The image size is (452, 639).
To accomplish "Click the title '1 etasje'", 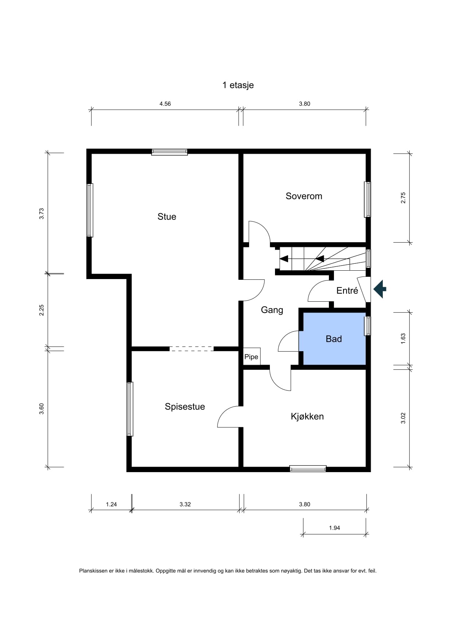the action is tap(238, 85).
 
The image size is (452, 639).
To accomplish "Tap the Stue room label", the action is tap(167, 217).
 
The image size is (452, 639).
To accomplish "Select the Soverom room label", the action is tap(304, 196).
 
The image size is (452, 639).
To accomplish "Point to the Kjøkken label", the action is tap(307, 416).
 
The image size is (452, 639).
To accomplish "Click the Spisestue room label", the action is tap(185, 407).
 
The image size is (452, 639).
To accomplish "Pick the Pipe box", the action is tap(251, 357).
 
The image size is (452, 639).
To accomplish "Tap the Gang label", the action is tap(272, 310).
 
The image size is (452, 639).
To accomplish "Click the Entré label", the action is tap(347, 290).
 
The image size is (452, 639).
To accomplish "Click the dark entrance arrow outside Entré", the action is tap(380, 289).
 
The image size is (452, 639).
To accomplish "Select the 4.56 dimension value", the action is tap(165, 104).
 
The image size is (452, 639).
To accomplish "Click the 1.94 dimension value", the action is tap(334, 528).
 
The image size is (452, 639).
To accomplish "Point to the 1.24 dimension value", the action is tap(111, 505).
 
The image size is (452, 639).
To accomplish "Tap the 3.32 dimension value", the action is tap(185, 505).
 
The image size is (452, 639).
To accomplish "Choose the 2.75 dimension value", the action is tap(403, 197).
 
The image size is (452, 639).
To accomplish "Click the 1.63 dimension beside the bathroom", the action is tap(403, 339).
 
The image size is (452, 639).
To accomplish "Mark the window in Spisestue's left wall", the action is tap(130, 409).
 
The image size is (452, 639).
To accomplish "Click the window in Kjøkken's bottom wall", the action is tap(308, 469).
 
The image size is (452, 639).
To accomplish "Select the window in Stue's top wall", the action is tap(169, 152).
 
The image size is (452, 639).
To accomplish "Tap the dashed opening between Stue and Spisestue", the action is tap(192, 349).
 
